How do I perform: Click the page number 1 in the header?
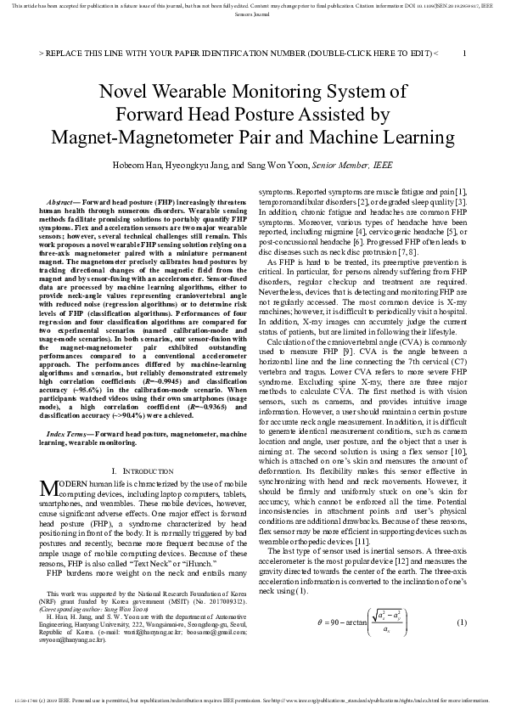[464, 53]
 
